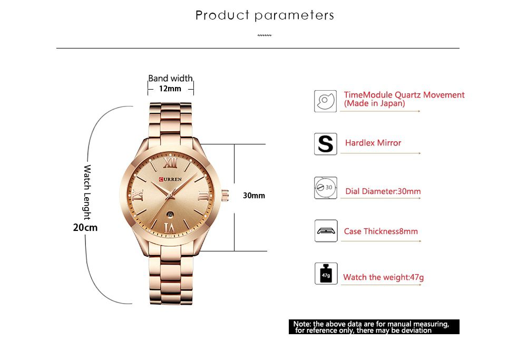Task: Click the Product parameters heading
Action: coord(265,15)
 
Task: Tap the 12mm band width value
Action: coord(170,89)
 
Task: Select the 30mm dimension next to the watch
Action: coord(253,196)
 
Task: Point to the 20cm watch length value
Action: coord(85,228)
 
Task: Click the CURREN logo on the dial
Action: coord(171,179)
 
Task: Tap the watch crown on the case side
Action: coord(225,195)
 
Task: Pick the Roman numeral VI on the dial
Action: coord(169,227)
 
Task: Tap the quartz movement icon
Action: coord(325,101)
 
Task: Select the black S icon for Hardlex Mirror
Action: coord(325,144)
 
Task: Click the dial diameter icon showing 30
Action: coord(325,188)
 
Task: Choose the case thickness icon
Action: coord(325,231)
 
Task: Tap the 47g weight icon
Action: coord(325,274)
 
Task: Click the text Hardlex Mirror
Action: coord(373,143)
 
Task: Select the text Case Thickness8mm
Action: coord(380,231)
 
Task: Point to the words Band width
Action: coord(170,79)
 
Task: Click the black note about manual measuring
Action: coord(374,327)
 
